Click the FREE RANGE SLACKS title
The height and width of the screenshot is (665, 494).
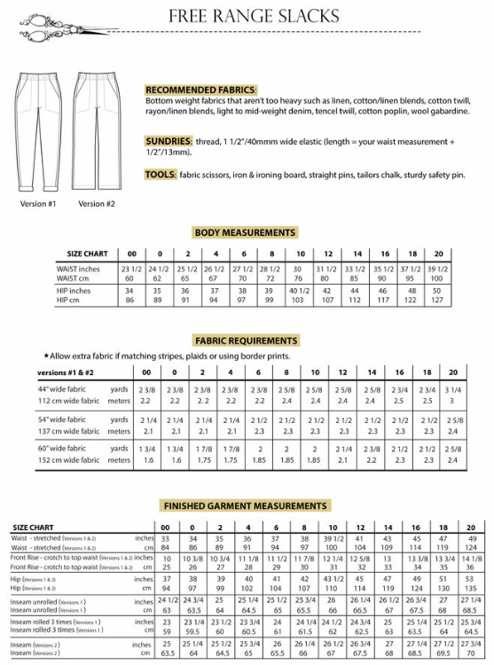(254, 16)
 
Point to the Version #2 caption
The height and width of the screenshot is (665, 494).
(96, 204)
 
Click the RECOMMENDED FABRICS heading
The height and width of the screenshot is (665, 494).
(201, 90)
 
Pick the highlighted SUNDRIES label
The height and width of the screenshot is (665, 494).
(169, 141)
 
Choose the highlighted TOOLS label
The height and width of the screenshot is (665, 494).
(161, 175)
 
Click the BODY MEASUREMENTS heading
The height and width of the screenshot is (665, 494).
(245, 232)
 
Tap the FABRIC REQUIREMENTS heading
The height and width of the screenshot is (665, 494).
(246, 340)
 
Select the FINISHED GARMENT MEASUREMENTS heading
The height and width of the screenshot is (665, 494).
(246, 505)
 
